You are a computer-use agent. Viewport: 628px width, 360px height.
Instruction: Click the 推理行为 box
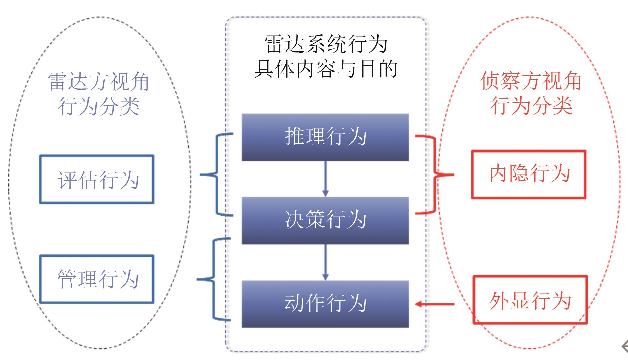pyautogui.click(x=325, y=137)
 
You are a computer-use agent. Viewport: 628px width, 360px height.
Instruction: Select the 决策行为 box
pyautogui.click(x=325, y=220)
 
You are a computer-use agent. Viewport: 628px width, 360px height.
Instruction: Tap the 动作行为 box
pyautogui.click(x=325, y=304)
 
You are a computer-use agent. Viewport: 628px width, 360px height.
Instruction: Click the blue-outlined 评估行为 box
pyautogui.click(x=96, y=179)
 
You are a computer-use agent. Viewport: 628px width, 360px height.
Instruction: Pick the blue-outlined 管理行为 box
pyautogui.click(x=96, y=279)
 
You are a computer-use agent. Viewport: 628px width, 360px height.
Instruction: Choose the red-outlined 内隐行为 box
pyautogui.click(x=529, y=175)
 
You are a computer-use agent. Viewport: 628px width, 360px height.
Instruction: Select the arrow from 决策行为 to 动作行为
pyautogui.click(x=325, y=262)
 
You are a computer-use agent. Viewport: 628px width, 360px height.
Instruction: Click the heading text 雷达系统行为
pyautogui.click(x=326, y=44)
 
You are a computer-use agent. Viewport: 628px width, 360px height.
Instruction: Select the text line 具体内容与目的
pyautogui.click(x=326, y=69)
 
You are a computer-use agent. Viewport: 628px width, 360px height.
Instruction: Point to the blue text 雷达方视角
pyautogui.click(x=98, y=81)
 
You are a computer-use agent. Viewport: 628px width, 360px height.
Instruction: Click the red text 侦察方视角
pyautogui.click(x=531, y=81)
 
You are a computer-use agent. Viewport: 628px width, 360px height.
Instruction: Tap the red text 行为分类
pyautogui.click(x=531, y=106)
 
